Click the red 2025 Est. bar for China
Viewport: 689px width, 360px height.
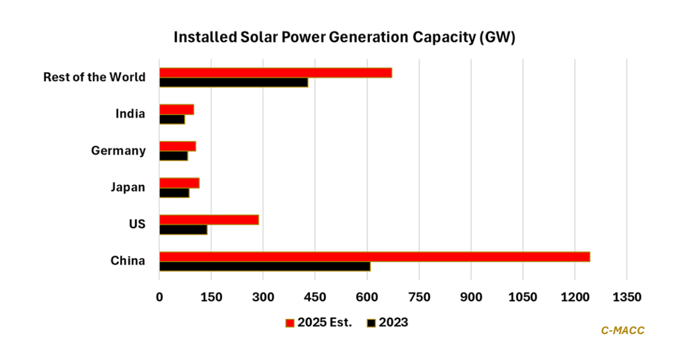tap(374, 257)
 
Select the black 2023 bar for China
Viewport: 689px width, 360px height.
tap(265, 266)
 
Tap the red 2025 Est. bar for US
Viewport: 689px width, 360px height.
tap(209, 220)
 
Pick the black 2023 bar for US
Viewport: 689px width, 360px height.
tap(183, 230)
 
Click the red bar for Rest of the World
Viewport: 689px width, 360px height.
tap(276, 72)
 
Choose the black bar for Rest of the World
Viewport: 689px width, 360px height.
tap(234, 82)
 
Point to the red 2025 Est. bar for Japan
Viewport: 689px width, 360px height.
tap(179, 183)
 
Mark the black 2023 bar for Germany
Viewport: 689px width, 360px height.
tap(173, 156)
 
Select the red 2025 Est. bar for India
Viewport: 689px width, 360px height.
tap(176, 109)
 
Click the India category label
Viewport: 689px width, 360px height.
tap(130, 114)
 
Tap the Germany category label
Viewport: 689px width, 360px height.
tap(118, 150)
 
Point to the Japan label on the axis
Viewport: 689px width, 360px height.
tap(127, 187)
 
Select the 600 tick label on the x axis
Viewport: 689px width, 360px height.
tap(367, 297)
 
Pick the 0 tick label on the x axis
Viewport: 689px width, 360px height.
tap(160, 297)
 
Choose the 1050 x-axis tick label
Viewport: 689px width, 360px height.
tap(522, 297)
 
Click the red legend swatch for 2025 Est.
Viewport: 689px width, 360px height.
tap(289, 323)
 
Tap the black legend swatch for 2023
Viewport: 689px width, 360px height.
tap(371, 323)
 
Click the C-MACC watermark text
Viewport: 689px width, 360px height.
tap(623, 330)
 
